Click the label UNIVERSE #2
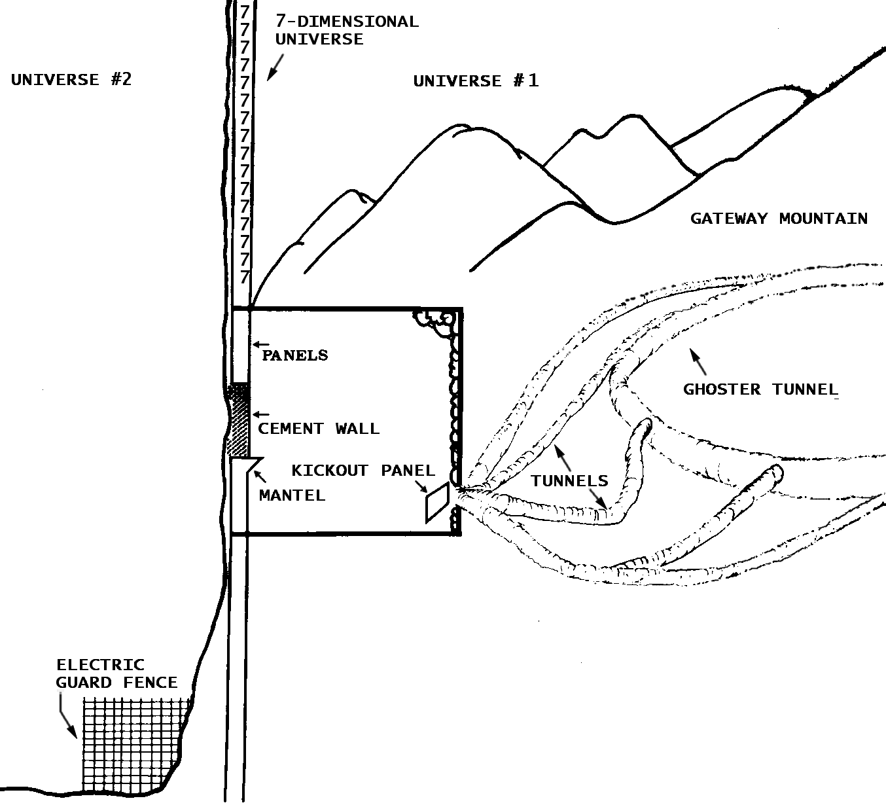(71, 80)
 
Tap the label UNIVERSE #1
(476, 81)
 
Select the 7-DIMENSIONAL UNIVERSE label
(346, 30)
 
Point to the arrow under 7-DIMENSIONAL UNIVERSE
(275, 67)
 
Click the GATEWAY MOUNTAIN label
(779, 219)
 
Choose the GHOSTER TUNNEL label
(760, 390)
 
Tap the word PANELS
(295, 355)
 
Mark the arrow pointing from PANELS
(261, 344)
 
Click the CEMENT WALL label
(319, 429)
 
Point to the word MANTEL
(292, 495)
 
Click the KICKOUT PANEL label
(363, 471)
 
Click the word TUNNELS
(569, 481)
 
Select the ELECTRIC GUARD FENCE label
(116, 674)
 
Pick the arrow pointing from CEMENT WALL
(261, 414)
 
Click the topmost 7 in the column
(245, 12)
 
